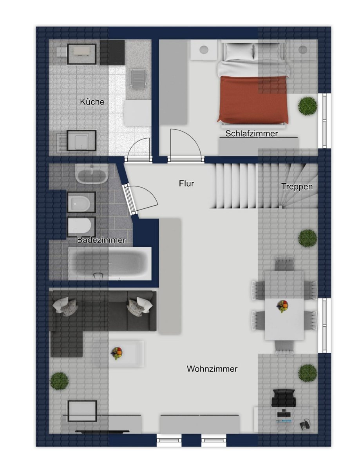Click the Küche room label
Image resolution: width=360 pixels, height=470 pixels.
pyautogui.click(x=92, y=102)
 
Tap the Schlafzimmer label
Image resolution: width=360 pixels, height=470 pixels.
pyautogui.click(x=251, y=134)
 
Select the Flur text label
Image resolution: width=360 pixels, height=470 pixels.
pyautogui.click(x=186, y=183)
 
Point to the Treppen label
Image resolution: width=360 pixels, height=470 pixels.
pyautogui.click(x=297, y=186)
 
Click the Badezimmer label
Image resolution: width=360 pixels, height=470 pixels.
pyautogui.click(x=101, y=240)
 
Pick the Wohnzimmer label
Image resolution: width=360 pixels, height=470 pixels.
pyautogui.click(x=212, y=369)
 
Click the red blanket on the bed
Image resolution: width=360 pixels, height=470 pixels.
pyautogui.click(x=254, y=99)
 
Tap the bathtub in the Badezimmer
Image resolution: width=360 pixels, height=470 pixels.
pyautogui.click(x=110, y=264)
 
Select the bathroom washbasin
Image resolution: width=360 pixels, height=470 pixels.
pyautogui.click(x=92, y=174)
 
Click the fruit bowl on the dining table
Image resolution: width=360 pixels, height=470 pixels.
pyautogui.click(x=282, y=306)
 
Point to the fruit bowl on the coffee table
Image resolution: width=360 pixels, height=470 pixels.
pyautogui.click(x=116, y=353)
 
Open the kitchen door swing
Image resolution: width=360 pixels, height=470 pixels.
pyautogui.click(x=137, y=150)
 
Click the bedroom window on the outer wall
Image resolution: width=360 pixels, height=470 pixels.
pyautogui.click(x=324, y=121)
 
